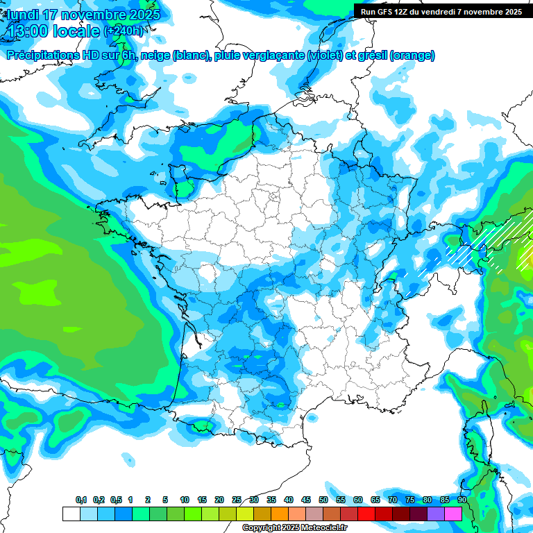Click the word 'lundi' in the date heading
[22, 15]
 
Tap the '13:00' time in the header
[28, 31]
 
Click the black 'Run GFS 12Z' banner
[442, 12]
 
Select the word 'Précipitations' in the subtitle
[42, 56]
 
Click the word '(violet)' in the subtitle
[324, 56]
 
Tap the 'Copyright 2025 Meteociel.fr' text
[294, 528]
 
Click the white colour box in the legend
[71, 514]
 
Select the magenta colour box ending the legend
[453, 514]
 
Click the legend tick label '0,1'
[81, 500]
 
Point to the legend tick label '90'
[462, 500]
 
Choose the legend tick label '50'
[323, 500]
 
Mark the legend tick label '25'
[237, 500]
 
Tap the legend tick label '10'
[185, 500]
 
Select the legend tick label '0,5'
[116, 500]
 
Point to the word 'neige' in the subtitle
[155, 56]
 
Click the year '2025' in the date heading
[141, 15]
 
